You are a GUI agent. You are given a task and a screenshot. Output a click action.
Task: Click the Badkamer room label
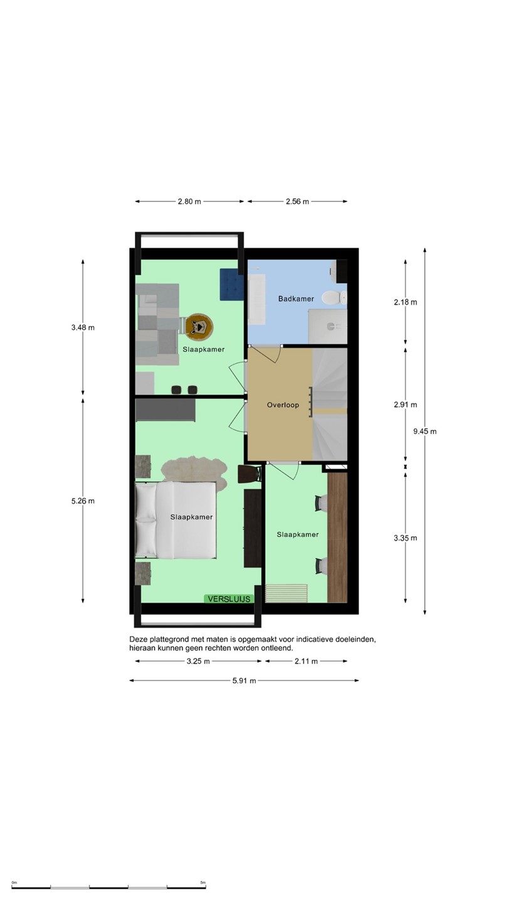(296, 298)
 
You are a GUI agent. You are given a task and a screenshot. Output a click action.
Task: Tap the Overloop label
(283, 404)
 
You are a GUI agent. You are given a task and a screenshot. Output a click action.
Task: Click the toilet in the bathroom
(335, 298)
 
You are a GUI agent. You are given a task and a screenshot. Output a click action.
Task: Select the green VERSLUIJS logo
(229, 599)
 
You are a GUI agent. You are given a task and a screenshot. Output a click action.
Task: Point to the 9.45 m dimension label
(425, 431)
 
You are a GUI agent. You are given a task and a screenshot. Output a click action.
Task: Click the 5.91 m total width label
(244, 681)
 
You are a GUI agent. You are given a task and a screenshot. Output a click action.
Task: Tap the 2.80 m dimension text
(189, 201)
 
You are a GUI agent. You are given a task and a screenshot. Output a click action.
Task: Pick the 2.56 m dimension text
(297, 201)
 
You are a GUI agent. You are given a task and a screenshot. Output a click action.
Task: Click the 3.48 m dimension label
(83, 328)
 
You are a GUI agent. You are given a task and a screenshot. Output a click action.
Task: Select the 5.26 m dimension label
(83, 501)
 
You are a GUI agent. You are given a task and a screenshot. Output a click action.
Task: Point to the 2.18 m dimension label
(406, 302)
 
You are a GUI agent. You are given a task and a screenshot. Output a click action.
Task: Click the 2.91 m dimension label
(406, 404)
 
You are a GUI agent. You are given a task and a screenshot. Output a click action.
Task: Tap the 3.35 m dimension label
(406, 538)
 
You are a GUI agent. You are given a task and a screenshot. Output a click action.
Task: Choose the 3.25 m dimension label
(198, 661)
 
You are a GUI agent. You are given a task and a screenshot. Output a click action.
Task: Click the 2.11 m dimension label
(306, 661)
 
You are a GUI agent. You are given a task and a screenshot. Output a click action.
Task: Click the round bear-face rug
(199, 326)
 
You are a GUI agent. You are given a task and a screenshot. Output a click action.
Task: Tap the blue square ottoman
(231, 285)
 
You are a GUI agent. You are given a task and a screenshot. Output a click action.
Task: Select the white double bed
(176, 520)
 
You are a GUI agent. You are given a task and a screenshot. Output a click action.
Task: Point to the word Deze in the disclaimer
(138, 640)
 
